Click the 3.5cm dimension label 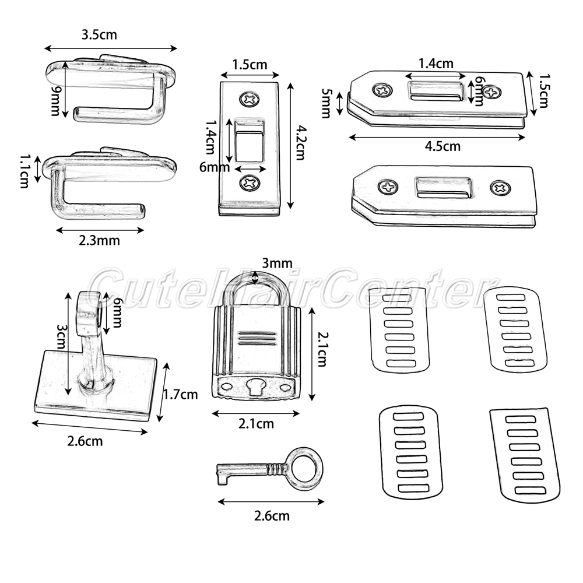click(99, 34)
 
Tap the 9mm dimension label click(57, 100)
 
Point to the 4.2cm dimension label click(299, 143)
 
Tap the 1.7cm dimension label click(179, 394)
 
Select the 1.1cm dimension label click(25, 171)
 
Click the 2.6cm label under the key click(271, 516)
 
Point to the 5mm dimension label click(326, 103)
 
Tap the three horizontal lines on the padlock click(254, 338)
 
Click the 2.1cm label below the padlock click(255, 424)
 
